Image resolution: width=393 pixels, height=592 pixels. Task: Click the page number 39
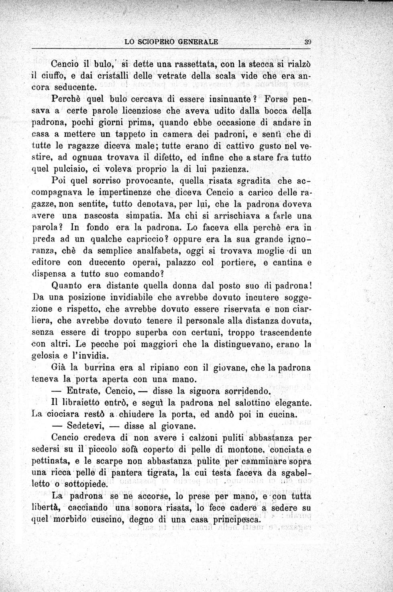tap(308, 41)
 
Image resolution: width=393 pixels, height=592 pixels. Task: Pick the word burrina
tap(101, 367)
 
